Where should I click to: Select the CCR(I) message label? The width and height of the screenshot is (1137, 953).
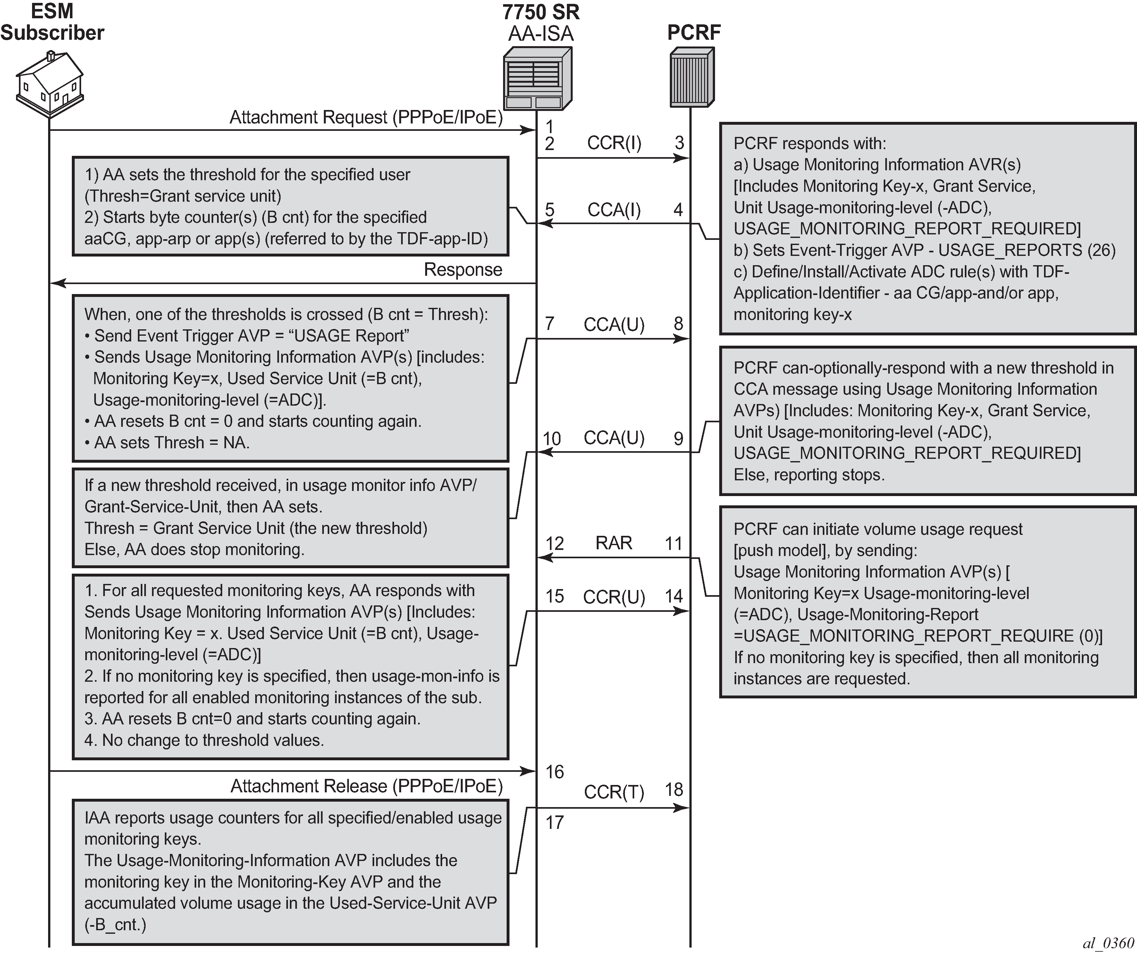pyautogui.click(x=614, y=143)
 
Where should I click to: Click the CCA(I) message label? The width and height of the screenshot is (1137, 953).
pyautogui.click(x=614, y=210)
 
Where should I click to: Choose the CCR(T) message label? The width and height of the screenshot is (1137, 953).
pyautogui.click(x=614, y=792)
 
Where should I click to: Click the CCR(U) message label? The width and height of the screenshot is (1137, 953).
pyautogui.click(x=614, y=597)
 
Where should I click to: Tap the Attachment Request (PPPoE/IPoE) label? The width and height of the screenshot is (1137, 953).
pyautogui.click(x=366, y=117)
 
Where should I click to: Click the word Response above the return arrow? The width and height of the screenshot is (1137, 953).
pyautogui.click(x=463, y=270)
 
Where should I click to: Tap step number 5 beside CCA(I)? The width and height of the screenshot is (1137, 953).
pyautogui.click(x=550, y=210)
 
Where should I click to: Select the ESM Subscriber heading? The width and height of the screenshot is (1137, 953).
pyautogui.click(x=52, y=22)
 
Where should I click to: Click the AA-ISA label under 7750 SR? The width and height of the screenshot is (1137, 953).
pyautogui.click(x=540, y=34)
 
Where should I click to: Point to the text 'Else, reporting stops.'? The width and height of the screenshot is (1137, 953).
pyautogui.click(x=809, y=475)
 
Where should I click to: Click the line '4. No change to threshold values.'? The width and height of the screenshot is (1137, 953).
pyautogui.click(x=204, y=740)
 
